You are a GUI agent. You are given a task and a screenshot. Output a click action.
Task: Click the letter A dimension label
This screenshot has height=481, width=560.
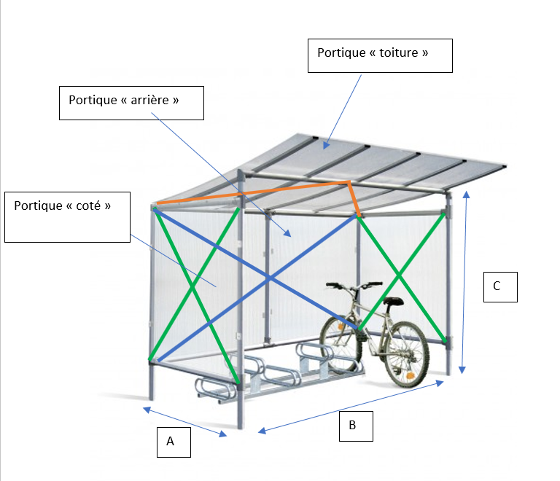(x=171, y=441)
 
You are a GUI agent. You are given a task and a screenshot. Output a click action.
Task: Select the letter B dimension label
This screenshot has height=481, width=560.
(x=352, y=426)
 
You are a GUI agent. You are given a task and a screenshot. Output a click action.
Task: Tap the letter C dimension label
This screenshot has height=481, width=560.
(x=497, y=286)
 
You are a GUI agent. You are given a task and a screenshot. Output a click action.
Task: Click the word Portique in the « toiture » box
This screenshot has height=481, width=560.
(x=340, y=53)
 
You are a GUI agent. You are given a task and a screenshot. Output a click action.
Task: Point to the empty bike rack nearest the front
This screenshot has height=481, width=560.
(x=217, y=390)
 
